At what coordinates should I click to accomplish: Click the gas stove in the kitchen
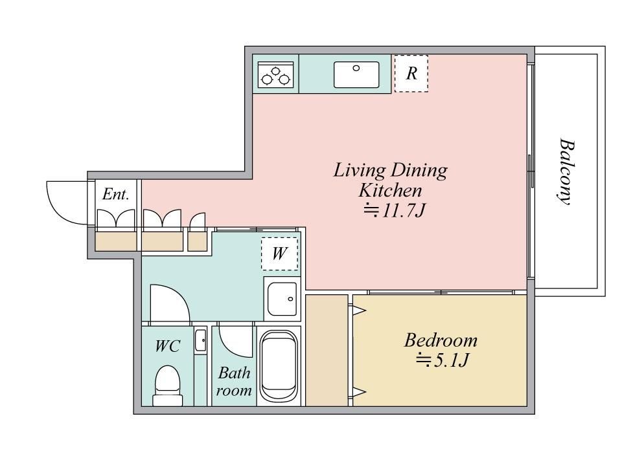(276, 74)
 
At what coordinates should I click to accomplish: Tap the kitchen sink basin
(356, 74)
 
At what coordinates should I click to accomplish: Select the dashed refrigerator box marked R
(411, 73)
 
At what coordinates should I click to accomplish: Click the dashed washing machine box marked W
(279, 254)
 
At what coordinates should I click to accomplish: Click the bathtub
(279, 365)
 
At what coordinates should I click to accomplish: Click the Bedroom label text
(441, 340)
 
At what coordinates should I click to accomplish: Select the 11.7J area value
(395, 210)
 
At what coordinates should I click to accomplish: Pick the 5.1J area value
(443, 360)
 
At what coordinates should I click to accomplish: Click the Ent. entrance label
(116, 194)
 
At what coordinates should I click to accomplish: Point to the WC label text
(168, 346)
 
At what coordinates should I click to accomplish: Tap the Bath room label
(234, 382)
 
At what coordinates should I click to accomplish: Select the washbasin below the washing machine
(282, 299)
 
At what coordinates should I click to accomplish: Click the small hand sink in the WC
(200, 340)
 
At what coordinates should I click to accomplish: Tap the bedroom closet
(327, 350)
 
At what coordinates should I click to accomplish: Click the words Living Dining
(391, 171)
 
